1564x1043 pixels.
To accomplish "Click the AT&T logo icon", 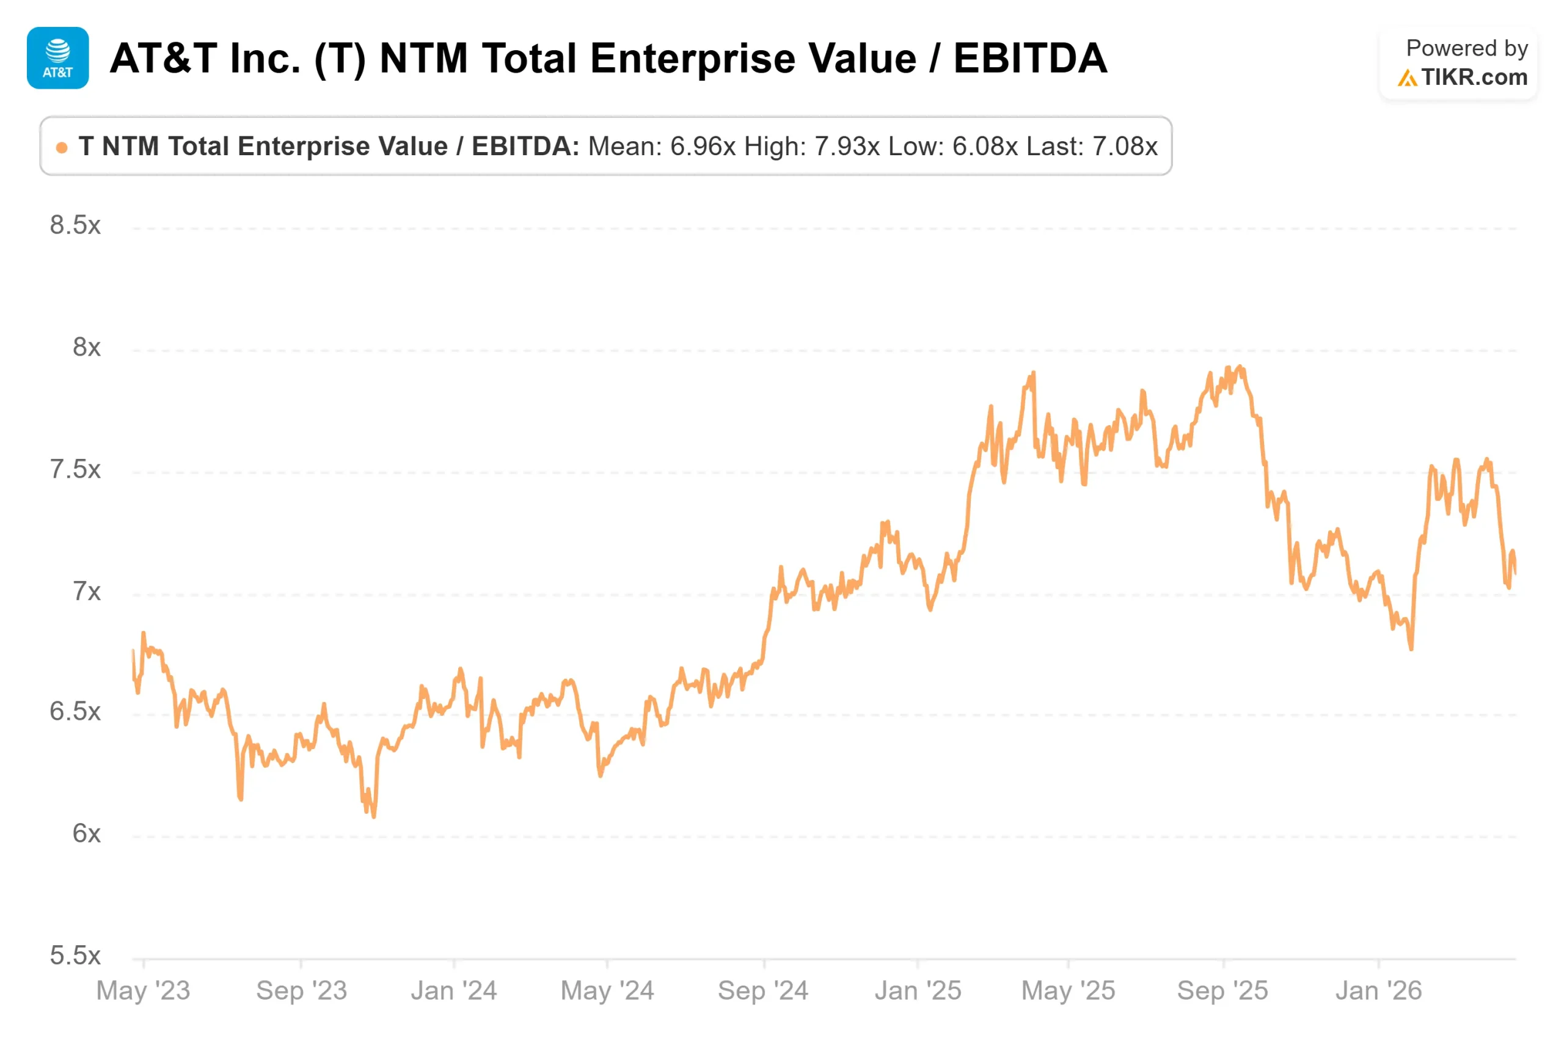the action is [58, 58].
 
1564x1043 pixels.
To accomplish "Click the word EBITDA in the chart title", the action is [1030, 58].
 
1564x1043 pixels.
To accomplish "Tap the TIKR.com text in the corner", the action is [1474, 77].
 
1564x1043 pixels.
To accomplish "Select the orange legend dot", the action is [62, 147].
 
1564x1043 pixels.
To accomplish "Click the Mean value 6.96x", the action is [703, 147].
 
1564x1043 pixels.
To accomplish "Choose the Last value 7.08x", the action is [1125, 147].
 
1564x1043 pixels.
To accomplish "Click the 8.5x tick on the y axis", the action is [75, 225].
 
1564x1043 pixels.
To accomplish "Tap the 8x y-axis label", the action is [86, 347].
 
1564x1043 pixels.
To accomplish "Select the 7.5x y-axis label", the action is [75, 470].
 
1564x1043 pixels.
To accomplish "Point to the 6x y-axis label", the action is [86, 833].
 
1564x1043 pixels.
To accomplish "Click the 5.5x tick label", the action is [75, 956].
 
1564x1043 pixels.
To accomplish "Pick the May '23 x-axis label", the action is [143, 990].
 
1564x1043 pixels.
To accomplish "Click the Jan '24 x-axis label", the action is [453, 990].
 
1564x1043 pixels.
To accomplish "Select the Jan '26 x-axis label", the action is [1378, 990].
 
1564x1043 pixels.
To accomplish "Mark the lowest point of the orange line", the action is [375, 817].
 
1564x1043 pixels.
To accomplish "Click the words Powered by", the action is [1467, 48].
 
